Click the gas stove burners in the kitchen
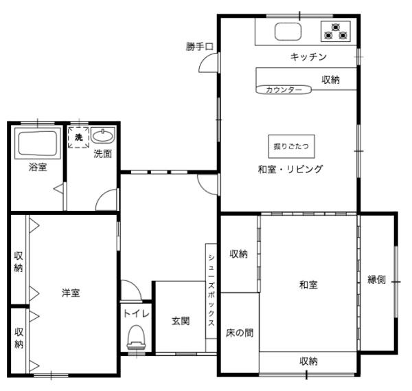(336, 31)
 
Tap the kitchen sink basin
(287, 32)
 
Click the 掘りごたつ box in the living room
(291, 146)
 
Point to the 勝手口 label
(200, 47)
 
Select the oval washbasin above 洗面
(102, 135)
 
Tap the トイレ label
(135, 313)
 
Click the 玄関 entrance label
(181, 320)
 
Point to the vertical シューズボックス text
(211, 289)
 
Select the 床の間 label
(239, 333)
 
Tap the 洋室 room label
(71, 293)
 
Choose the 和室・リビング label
(290, 168)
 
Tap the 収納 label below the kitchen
(330, 80)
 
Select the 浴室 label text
(38, 167)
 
